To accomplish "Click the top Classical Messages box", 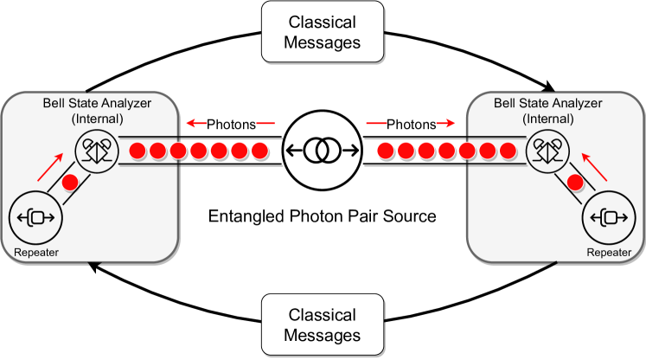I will coord(323,31).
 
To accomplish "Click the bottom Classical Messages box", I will coord(323,325).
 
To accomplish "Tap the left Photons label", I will coord(231,125).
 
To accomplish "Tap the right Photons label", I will coord(411,125).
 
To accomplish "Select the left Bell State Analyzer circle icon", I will coord(98,151).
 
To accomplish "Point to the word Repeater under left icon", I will coord(35,253).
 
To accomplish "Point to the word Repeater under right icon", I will coord(610,253).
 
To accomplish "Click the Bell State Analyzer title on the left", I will coord(97,110).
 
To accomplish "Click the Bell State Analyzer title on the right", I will coord(547,110).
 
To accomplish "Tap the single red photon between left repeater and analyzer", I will coord(71,183).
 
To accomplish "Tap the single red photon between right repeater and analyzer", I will coord(573,183).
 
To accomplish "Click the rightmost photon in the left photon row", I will coord(259,151).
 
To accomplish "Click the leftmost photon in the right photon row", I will coord(385,151).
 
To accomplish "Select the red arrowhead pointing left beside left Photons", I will coord(191,124).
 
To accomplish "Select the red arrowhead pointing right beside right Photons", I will coord(452,124).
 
